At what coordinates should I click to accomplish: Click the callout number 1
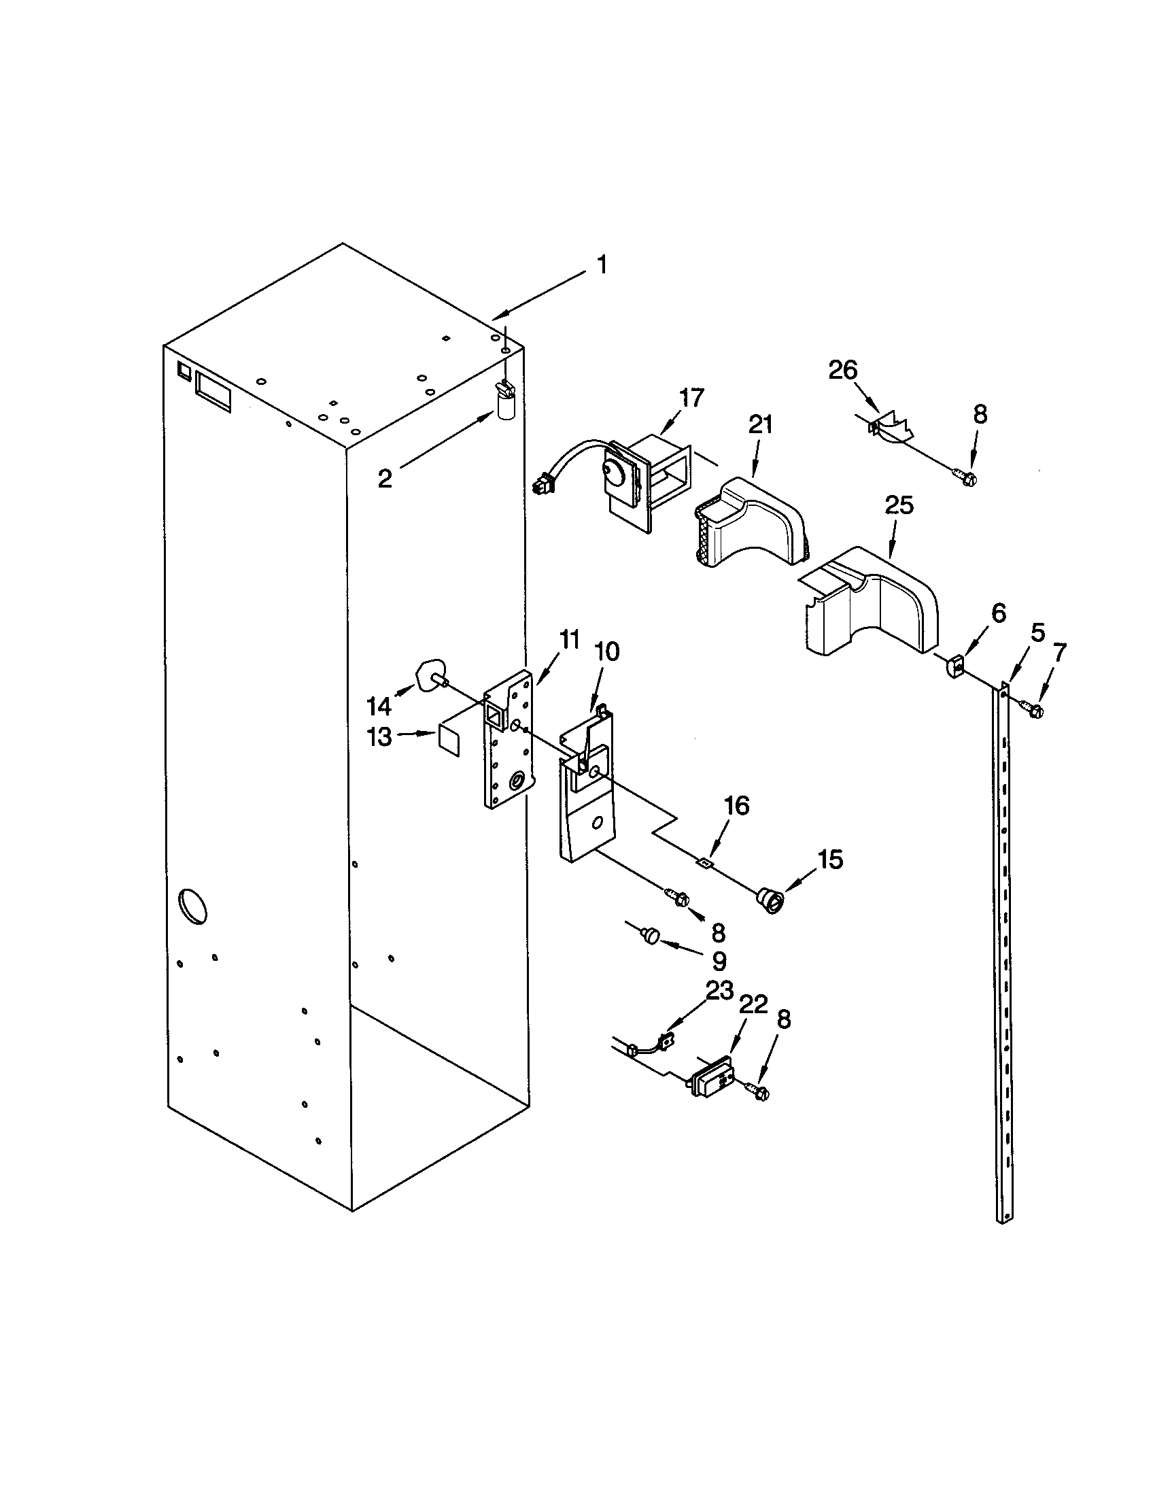(x=602, y=265)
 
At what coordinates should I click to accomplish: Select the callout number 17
(x=691, y=397)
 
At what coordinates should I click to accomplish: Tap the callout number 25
(x=899, y=505)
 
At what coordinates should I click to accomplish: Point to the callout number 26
(x=842, y=371)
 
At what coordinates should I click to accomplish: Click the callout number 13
(x=379, y=737)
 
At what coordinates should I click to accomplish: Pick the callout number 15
(x=831, y=860)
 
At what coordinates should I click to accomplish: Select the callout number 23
(x=719, y=991)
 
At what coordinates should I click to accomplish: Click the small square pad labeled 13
(x=448, y=741)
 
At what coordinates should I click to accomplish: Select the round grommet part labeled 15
(x=770, y=900)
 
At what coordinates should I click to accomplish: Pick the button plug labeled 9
(x=651, y=934)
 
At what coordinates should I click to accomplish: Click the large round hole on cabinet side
(x=192, y=906)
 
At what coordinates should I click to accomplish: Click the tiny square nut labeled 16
(x=703, y=863)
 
